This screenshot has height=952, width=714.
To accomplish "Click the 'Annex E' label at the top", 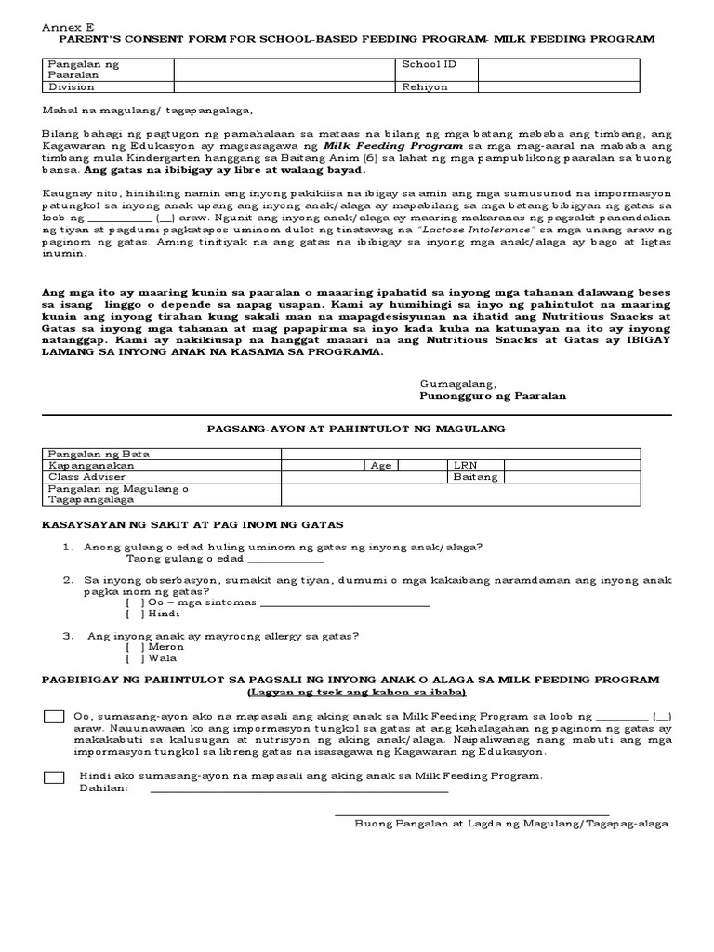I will point(61,27).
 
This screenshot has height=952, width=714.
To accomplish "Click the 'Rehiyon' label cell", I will point(425,86).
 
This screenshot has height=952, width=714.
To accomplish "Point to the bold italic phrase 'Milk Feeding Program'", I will point(393,146).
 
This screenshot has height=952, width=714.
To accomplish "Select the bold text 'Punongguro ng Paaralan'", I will point(493,395).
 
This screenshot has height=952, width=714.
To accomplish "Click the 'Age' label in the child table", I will point(380,465).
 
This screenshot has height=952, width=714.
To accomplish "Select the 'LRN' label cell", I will point(464,465).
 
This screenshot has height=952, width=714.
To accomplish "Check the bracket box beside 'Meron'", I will point(135,646).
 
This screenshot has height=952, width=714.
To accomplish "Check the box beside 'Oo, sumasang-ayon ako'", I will point(54,716).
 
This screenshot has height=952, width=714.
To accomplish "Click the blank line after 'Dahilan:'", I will point(297,789).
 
